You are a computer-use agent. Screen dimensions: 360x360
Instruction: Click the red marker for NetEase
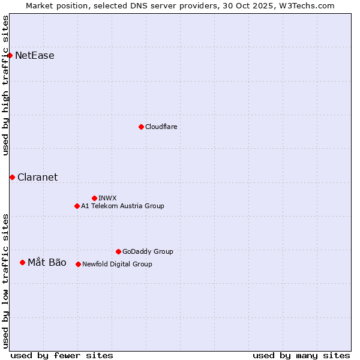coord(10,56)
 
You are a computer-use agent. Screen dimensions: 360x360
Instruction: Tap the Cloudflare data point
coord(141,127)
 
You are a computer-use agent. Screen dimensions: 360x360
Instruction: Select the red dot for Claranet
coord(12,177)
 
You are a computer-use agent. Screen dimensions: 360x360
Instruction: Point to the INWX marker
coord(94,198)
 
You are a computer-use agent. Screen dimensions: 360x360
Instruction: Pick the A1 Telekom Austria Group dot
coord(77,206)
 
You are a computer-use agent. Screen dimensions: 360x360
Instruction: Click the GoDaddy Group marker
coord(118,251)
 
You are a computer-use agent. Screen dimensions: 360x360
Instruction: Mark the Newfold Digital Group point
coord(78,264)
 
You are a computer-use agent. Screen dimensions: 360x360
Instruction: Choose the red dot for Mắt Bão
coord(22,262)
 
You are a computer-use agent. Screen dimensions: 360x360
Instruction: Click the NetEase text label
coord(35,56)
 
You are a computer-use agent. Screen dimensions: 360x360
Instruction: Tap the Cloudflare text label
coord(161,127)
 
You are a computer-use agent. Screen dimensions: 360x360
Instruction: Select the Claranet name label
coord(38,177)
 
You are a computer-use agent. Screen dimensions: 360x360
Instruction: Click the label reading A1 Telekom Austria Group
coord(122,206)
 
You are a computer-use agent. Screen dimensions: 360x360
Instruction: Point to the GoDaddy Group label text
coord(148,251)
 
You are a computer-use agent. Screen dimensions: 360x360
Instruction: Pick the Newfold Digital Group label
coord(117,264)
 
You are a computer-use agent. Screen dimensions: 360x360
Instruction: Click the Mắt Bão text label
coord(47,262)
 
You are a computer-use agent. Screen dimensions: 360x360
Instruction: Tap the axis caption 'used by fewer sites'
coord(62,355)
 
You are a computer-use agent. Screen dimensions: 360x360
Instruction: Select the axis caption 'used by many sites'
coord(301,355)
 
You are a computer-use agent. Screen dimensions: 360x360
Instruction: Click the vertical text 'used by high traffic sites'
coord(5,85)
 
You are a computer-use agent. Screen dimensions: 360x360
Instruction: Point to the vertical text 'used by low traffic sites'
coord(5,280)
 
